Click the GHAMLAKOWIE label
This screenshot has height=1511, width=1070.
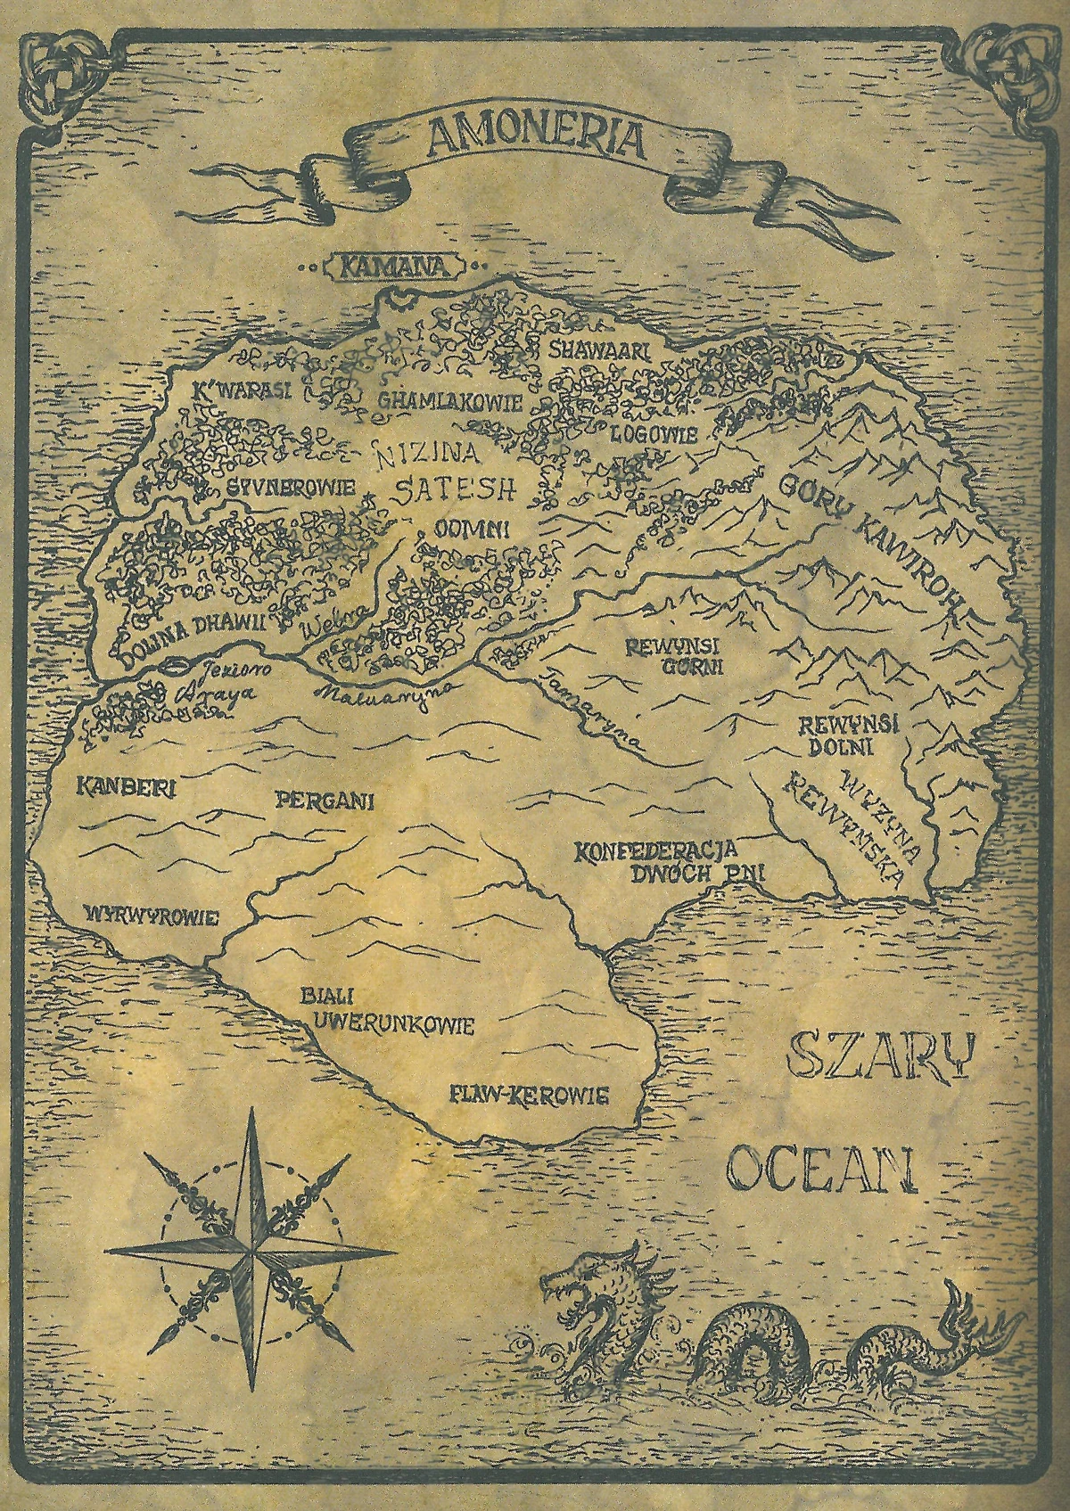click(449, 402)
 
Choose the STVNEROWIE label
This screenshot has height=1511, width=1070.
click(291, 488)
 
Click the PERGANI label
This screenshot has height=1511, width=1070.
click(325, 799)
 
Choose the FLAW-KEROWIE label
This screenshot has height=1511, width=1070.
click(530, 1092)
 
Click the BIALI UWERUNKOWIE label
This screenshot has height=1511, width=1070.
click(383, 1011)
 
